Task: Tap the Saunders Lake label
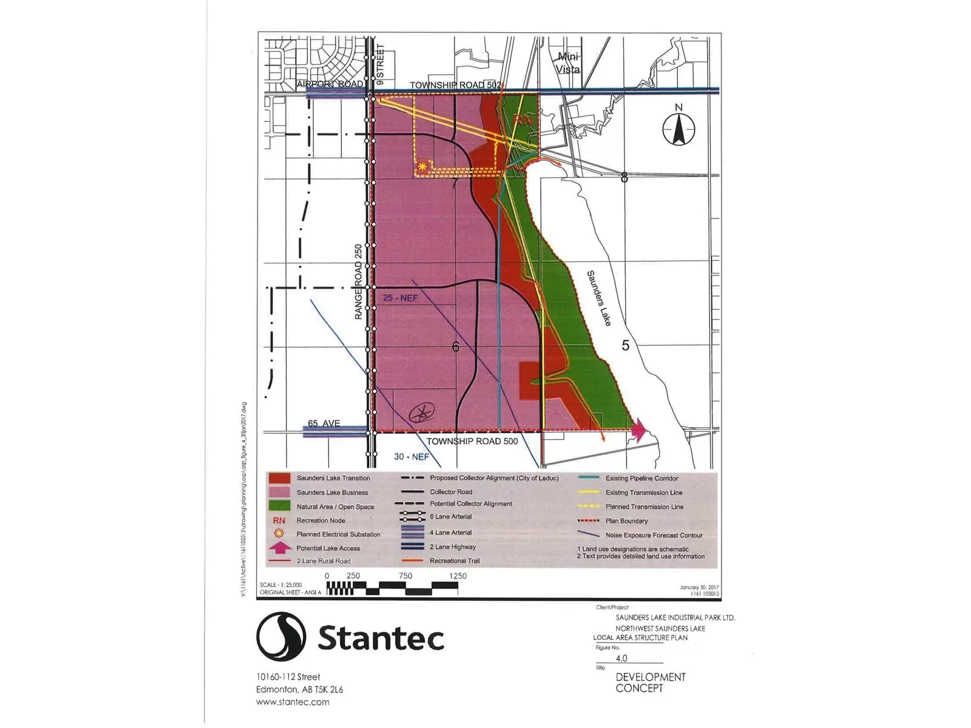599,298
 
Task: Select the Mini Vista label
568,63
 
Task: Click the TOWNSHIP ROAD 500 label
472,441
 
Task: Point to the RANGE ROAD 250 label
359,281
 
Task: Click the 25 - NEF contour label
401,298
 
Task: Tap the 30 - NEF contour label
411,456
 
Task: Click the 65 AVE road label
323,423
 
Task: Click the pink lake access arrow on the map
638,430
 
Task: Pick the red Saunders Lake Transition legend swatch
279,478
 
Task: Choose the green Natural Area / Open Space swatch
279,506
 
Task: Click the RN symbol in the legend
279,521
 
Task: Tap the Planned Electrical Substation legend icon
279,534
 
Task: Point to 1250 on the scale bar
458,576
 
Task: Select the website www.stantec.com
293,702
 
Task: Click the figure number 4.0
621,658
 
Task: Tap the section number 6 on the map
456,347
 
